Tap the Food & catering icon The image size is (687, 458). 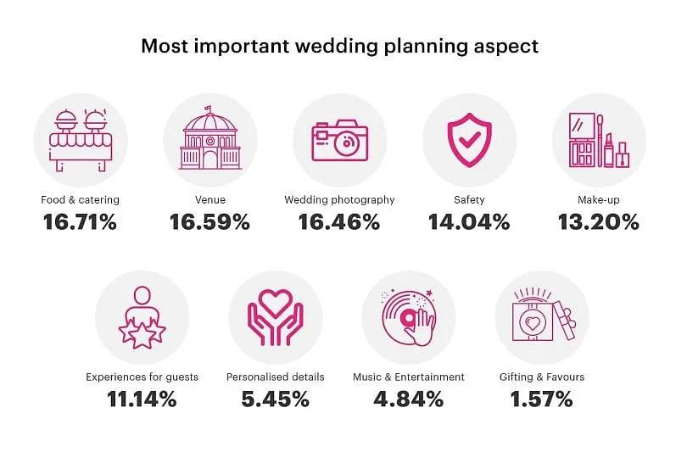coord(80,140)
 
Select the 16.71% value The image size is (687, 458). coord(80,222)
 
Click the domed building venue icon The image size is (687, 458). coord(209,140)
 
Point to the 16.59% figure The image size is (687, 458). coord(209,222)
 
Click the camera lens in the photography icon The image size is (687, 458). coord(345,143)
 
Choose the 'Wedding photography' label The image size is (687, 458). coord(339,200)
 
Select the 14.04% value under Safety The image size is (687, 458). coord(469,222)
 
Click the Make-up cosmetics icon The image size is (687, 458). coord(599,141)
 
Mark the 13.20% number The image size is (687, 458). coord(599,222)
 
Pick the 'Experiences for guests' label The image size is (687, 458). coord(142,377)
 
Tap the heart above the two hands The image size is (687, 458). coord(275,302)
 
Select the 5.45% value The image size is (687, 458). coord(275,399)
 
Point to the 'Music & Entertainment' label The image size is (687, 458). coord(408,377)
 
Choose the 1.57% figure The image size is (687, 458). coord(541,399)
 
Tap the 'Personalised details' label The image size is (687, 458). coord(275,377)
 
